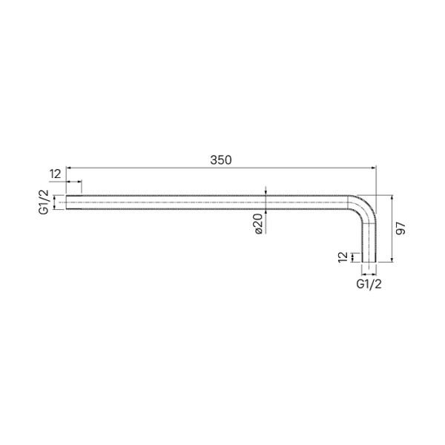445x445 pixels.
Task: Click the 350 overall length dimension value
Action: point(221,159)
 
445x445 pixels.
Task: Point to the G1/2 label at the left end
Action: point(44,202)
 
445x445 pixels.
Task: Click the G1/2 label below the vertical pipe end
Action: point(369,284)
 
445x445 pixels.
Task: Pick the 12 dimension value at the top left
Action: point(56,174)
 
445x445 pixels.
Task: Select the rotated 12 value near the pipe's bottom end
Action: point(342,257)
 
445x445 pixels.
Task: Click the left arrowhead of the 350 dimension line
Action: point(70,168)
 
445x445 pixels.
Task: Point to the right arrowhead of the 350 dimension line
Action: point(375,168)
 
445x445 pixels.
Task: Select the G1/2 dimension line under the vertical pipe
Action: point(369,272)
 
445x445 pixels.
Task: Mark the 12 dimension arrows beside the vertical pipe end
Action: point(353,257)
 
